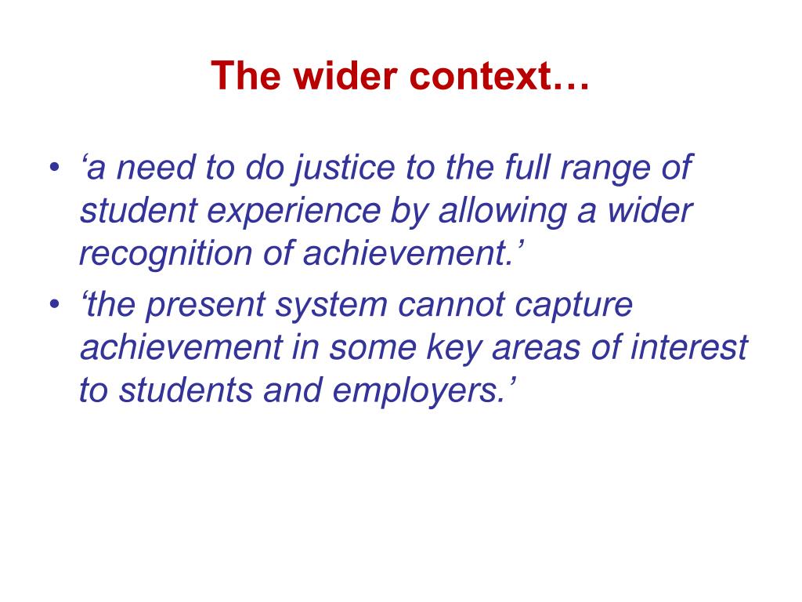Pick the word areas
point(534,347)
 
